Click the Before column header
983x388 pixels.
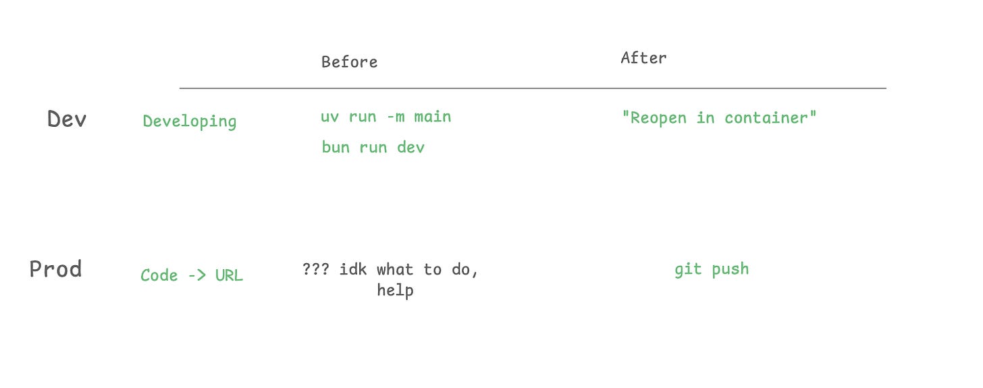click(x=349, y=62)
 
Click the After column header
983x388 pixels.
click(x=643, y=58)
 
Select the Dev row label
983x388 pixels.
click(x=67, y=119)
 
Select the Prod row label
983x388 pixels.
click(x=55, y=269)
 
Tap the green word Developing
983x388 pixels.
click(x=190, y=121)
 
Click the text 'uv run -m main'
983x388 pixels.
click(x=386, y=117)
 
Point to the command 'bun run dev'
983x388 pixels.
click(x=373, y=147)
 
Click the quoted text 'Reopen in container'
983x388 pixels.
click(x=719, y=118)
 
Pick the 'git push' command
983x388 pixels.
click(x=712, y=269)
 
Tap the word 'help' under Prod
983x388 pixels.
click(x=395, y=291)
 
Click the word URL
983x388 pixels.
click(x=229, y=275)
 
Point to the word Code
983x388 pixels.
click(x=159, y=275)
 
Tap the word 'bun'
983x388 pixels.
click(x=336, y=147)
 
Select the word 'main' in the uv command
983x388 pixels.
click(x=432, y=117)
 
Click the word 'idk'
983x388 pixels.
click(x=353, y=269)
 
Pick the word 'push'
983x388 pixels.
click(x=730, y=269)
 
